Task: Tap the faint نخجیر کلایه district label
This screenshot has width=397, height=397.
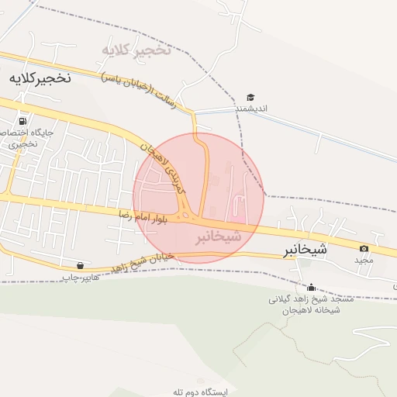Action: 136,50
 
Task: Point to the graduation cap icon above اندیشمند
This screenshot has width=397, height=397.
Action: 250,97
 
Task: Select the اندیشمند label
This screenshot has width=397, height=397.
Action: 251,109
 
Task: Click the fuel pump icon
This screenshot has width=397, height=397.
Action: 22,121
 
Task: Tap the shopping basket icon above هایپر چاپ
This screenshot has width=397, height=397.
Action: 81,264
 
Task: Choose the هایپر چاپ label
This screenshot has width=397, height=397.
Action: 81,277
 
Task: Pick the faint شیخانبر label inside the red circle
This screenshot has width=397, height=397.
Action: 218,235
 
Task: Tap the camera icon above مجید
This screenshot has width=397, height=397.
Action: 364,248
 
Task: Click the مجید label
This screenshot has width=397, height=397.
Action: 364,261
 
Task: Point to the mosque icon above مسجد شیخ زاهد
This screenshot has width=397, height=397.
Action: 312,287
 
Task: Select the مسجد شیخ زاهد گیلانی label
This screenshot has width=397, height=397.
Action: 310,299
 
